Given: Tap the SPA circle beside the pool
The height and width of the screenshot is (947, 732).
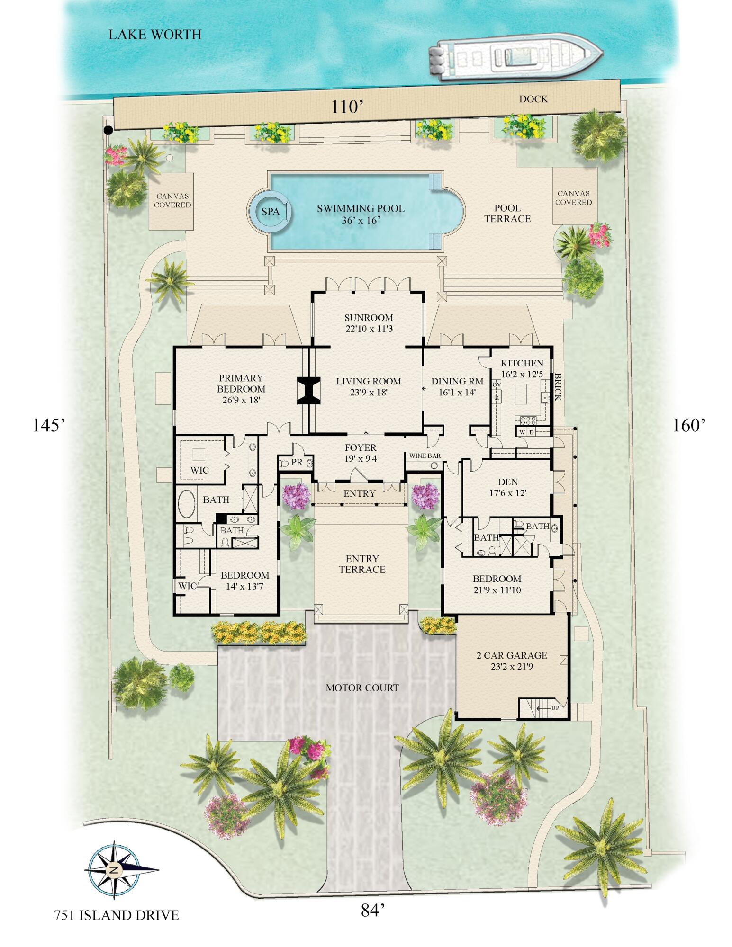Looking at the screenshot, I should click(271, 212).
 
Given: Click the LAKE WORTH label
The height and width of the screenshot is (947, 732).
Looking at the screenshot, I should click(155, 35).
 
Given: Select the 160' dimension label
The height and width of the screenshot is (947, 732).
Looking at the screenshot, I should click(689, 426).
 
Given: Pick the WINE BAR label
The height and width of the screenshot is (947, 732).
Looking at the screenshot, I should click(425, 456).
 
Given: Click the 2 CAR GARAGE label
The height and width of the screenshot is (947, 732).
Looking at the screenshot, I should click(512, 656).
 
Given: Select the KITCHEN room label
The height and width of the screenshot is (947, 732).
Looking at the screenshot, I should click(522, 363).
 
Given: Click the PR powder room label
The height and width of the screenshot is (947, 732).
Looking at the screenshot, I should click(297, 462).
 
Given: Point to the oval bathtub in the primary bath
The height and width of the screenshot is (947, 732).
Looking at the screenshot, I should click(186, 504).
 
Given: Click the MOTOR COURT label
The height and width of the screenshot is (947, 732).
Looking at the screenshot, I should click(362, 688).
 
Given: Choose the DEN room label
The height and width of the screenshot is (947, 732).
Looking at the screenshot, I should click(508, 482).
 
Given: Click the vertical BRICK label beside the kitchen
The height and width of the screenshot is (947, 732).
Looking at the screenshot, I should click(558, 387).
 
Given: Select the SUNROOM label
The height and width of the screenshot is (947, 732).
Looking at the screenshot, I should click(369, 318).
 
